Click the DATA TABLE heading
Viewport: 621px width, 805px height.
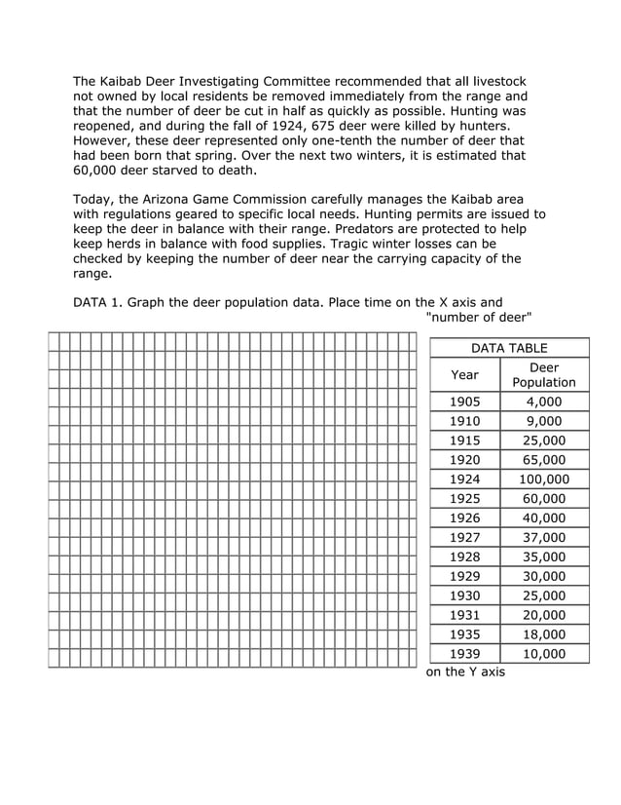click(x=509, y=348)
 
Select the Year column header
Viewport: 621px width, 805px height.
click(x=464, y=374)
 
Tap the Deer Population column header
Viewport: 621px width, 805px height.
click(x=544, y=374)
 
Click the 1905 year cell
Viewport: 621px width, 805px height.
click(x=464, y=402)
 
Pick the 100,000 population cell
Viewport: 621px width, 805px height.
click(x=544, y=479)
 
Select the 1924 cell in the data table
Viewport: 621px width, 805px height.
click(x=464, y=479)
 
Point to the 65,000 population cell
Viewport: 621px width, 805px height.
click(x=544, y=460)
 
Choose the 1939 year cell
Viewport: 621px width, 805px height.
click(x=464, y=654)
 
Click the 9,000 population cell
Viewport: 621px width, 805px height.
click(x=544, y=421)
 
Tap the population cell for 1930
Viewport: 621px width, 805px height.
click(x=544, y=595)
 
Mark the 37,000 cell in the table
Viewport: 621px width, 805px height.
click(x=544, y=537)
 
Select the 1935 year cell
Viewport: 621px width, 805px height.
click(x=464, y=634)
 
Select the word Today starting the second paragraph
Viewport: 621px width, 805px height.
click(x=94, y=199)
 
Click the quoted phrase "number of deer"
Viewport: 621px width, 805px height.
click(x=480, y=318)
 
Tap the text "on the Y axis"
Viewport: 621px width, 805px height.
click(x=466, y=672)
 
